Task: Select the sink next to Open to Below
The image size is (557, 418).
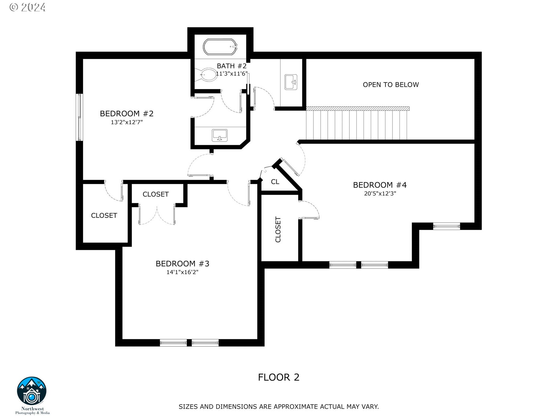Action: tap(291, 82)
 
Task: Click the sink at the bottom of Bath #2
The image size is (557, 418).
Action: tap(220, 135)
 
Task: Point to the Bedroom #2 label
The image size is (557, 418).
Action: tap(126, 113)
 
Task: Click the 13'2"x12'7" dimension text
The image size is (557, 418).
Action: tap(126, 122)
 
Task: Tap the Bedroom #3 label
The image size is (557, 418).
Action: tap(182, 264)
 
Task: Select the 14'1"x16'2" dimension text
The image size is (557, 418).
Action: tap(182, 272)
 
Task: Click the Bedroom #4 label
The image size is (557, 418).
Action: tap(379, 185)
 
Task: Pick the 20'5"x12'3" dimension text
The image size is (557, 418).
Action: tap(380, 194)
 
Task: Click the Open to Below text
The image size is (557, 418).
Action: tap(390, 85)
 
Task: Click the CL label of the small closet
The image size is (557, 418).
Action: tap(275, 182)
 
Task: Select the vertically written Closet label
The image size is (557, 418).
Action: tap(278, 229)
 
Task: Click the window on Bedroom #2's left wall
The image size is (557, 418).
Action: tap(79, 117)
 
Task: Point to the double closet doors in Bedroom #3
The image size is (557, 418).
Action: tap(157, 215)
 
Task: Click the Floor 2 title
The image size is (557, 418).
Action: tap(278, 377)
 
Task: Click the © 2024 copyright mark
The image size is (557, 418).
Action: tap(28, 7)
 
